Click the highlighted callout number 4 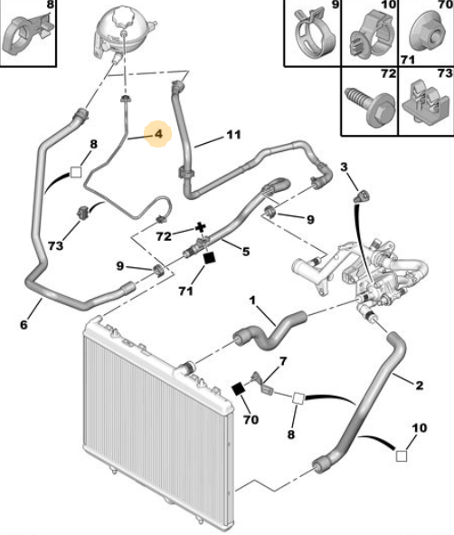coord(159,134)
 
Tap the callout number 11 coord(233,135)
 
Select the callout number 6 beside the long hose coord(24,324)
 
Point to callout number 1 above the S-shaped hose coord(252,301)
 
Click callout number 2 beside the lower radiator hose coord(420,386)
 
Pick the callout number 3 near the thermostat coord(344,167)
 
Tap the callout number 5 coord(246,252)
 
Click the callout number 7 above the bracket coord(283,361)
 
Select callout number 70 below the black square coord(251,419)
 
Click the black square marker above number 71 coord(209,258)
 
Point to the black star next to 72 coord(201,227)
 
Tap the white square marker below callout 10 coord(402,456)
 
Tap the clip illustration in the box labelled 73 coord(425,101)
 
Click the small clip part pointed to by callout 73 coord(83,213)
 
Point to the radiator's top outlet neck coord(186,368)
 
